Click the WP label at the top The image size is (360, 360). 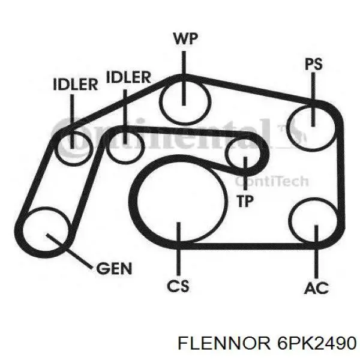(185, 39)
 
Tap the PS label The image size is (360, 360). (314, 64)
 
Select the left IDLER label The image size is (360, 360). (76, 84)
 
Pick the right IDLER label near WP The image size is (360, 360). (128, 77)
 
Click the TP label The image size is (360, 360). (245, 201)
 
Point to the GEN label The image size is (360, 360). (114, 268)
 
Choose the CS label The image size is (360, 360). (178, 286)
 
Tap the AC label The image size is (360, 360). (316, 287)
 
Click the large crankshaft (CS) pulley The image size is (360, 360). (137, 200)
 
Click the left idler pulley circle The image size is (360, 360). (58, 148)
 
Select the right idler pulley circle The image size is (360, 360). (107, 147)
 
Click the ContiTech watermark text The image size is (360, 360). (272, 181)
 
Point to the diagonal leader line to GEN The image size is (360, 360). (70, 251)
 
